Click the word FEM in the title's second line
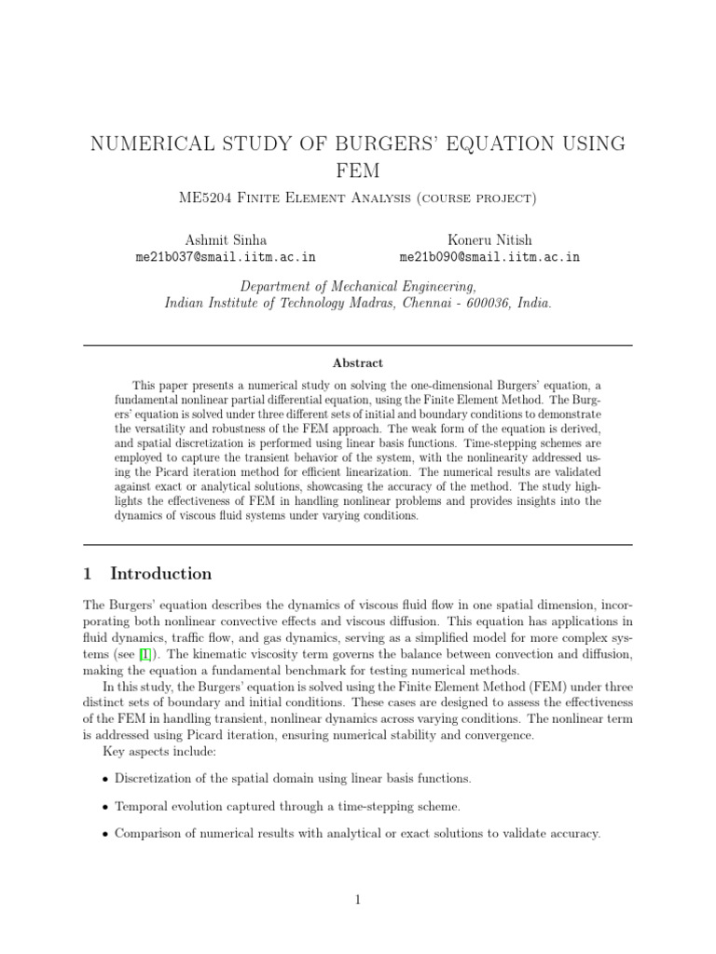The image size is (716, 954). [x=358, y=171]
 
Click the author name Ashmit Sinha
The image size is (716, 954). [x=227, y=239]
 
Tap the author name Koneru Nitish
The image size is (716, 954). [x=489, y=239]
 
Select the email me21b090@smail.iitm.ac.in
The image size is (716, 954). [x=489, y=257]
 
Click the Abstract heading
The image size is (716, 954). [x=358, y=363]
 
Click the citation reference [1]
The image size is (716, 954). [x=145, y=655]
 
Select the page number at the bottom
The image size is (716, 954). [x=358, y=899]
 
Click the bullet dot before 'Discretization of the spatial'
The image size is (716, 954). [x=103, y=779]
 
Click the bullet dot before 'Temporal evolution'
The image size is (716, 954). [x=103, y=807]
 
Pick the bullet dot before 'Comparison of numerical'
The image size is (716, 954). [x=103, y=834]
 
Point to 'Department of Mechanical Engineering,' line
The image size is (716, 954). [x=358, y=286]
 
